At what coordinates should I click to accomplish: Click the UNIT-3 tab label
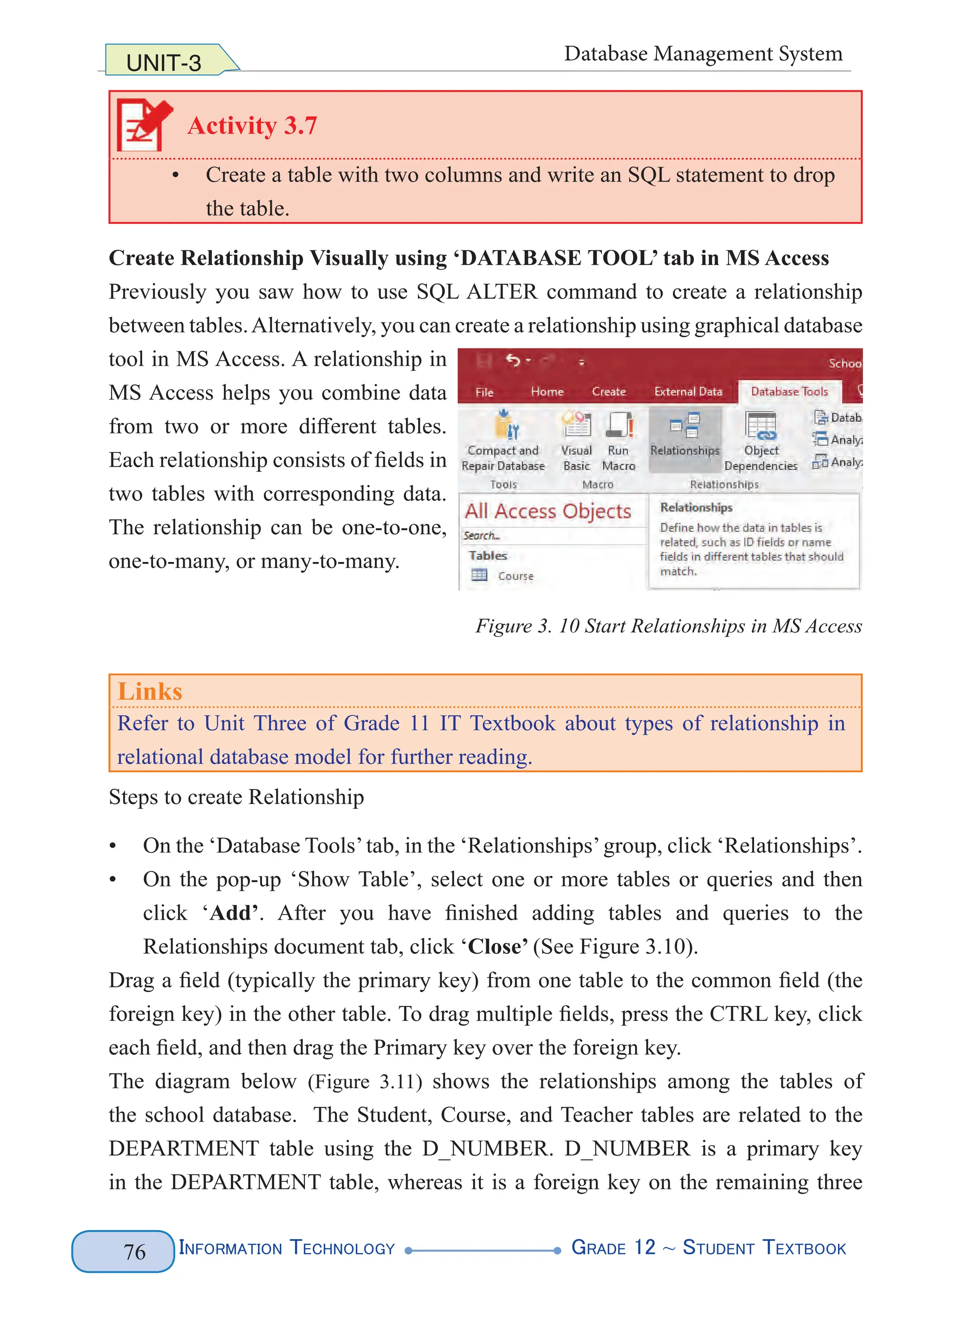[x=164, y=62]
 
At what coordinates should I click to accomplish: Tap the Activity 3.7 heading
[x=252, y=125]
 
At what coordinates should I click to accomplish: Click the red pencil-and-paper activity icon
[x=144, y=125]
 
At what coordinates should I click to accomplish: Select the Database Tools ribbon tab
[x=789, y=391]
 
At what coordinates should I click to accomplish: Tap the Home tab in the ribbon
[x=547, y=391]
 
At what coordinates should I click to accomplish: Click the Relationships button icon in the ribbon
[x=685, y=426]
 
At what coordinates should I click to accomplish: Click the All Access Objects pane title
[x=547, y=511]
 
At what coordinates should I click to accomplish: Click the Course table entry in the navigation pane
[x=515, y=576]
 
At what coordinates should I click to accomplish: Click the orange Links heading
[x=150, y=691]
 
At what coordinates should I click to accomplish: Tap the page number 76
[x=134, y=1251]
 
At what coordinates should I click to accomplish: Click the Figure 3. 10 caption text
[x=668, y=626]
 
